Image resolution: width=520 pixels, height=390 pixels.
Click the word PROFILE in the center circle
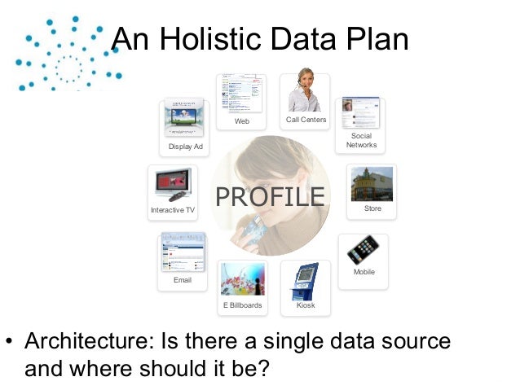pos(269,197)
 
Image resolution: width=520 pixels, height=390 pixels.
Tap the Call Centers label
pos(306,120)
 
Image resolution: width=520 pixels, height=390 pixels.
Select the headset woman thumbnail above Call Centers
pos(305,91)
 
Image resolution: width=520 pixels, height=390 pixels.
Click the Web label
pos(242,121)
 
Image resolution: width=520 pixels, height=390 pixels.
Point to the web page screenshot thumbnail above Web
pos(241,94)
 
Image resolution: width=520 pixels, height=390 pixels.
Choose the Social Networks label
pos(361,140)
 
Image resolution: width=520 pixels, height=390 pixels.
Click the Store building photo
pos(372,183)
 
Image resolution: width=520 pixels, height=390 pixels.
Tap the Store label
pos(372,209)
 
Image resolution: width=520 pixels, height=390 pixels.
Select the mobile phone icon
pos(363,250)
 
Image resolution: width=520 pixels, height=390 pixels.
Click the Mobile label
pos(364,272)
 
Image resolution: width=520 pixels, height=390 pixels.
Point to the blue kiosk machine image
pos(306,281)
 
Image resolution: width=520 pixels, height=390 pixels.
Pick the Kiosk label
pos(306,305)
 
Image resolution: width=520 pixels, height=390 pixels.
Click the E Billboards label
pos(242,305)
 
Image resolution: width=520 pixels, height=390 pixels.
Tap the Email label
pos(183,280)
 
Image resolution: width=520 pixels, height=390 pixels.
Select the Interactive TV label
pos(173,210)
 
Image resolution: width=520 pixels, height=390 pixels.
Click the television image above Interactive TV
pos(173,185)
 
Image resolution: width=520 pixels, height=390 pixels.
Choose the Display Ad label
pos(185,147)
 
